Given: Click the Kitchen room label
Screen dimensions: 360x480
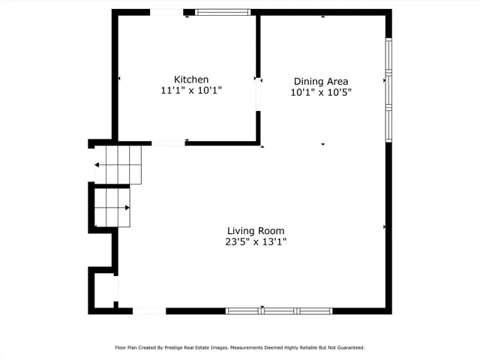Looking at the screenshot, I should click(191, 79).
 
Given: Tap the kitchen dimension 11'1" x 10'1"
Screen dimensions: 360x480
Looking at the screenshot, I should click(191, 91).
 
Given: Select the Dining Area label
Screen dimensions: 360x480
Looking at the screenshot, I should click(321, 82).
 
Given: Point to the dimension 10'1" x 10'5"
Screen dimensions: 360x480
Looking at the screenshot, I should click(321, 93).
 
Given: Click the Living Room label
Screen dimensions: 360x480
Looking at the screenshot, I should click(256, 231).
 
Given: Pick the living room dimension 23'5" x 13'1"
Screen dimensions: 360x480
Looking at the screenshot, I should click(256, 242).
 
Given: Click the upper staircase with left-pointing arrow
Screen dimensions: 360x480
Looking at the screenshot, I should click(117, 164).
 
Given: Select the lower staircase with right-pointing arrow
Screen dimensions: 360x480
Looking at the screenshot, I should click(112, 208).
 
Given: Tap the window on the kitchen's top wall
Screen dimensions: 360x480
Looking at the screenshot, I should click(223, 12).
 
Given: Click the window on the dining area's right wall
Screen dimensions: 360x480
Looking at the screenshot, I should click(388, 89).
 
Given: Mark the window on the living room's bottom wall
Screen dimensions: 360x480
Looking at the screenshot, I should click(279, 310).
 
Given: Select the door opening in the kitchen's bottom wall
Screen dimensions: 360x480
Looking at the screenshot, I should click(168, 142).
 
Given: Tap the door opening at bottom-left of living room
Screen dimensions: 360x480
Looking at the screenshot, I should click(148, 310).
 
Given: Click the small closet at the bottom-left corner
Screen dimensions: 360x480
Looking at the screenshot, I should click(102, 289).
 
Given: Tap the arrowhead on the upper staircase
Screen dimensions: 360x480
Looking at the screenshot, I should click(97, 165).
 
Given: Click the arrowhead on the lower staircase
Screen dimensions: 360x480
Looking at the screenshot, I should click(128, 208).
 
